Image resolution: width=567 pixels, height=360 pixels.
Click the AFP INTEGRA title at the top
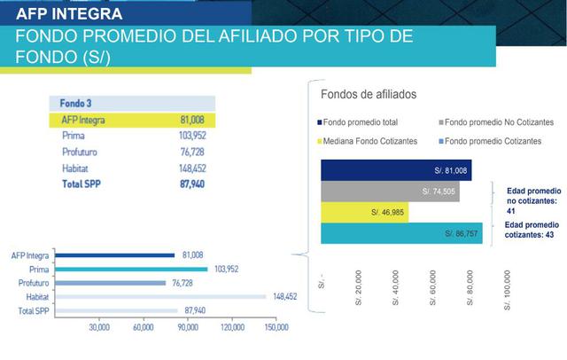pyautogui.click(x=69, y=15)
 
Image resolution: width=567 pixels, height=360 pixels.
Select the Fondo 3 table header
pyautogui.click(x=76, y=102)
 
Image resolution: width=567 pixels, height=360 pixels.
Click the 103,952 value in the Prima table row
pyautogui.click(x=198, y=136)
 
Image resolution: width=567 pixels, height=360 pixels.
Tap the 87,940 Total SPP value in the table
pyautogui.click(x=199, y=184)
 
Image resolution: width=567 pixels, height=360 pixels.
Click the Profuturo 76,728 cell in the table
pyautogui.click(x=199, y=152)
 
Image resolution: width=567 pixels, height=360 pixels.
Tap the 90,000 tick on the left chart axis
pyautogui.click(x=188, y=327)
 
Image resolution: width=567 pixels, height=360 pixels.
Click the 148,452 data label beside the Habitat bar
pyautogui.click(x=285, y=297)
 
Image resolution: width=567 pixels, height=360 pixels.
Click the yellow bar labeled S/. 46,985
pyautogui.click(x=353, y=213)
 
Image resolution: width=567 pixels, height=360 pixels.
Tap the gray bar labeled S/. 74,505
pyautogui.click(x=390, y=191)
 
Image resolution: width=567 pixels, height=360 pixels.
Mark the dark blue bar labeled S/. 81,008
pyautogui.click(x=396, y=169)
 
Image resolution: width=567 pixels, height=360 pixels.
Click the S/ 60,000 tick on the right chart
pyautogui.click(x=433, y=289)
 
